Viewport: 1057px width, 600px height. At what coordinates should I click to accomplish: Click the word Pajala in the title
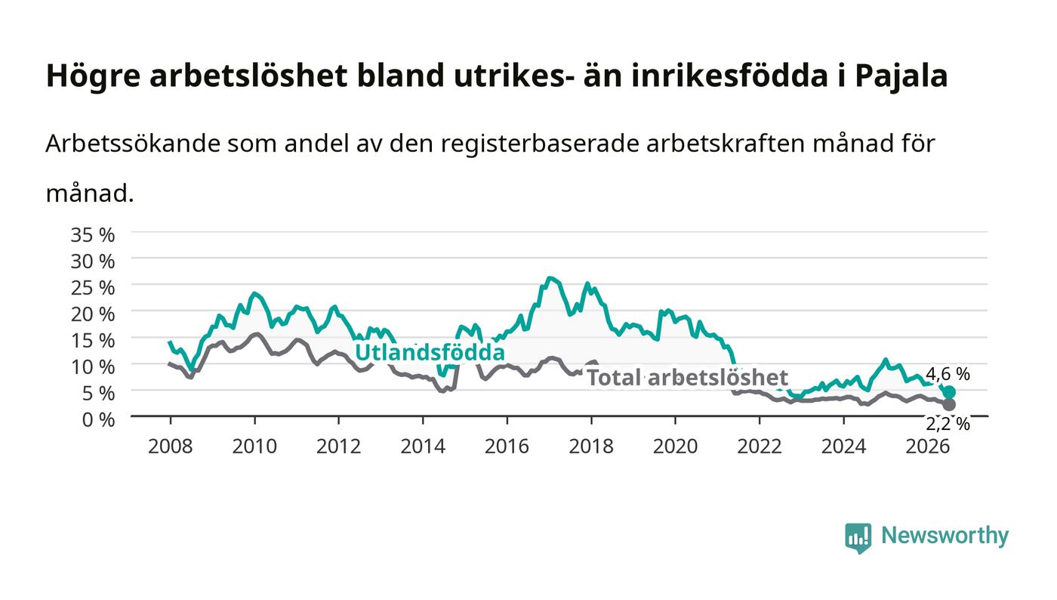pos(901,76)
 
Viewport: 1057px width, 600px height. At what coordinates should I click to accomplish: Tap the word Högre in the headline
pos(93,76)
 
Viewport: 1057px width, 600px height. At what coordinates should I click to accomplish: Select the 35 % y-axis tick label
pos(92,235)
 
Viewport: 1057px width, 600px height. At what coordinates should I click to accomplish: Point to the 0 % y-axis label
pos(98,419)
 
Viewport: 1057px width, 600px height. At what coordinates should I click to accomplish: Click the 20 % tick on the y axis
pos(92,314)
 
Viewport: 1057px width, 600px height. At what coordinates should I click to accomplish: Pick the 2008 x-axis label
pos(171,446)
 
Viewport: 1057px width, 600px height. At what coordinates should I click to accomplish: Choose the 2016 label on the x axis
pos(507,446)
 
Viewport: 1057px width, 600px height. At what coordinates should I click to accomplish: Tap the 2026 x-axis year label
pos(927,446)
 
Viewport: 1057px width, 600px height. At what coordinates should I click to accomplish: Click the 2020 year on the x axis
pos(675,446)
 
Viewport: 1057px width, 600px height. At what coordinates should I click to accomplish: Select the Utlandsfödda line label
pos(430,352)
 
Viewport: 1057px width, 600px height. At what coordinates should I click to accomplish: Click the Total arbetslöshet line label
pos(688,378)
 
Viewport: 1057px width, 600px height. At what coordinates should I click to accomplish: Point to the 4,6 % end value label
pos(948,374)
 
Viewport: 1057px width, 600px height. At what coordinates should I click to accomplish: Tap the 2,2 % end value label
pos(948,424)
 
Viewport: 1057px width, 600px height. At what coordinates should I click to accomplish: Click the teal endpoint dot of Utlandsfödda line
pos(950,392)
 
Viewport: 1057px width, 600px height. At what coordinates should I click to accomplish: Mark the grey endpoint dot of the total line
pos(950,404)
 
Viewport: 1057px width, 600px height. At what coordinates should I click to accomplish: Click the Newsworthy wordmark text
pos(945,536)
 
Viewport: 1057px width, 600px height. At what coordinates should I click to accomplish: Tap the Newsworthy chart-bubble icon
pos(858,538)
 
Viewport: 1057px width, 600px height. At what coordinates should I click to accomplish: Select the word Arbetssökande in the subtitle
pos(133,144)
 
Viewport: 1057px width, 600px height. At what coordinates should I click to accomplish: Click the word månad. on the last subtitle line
pos(90,193)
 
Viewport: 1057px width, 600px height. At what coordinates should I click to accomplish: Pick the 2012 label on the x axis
pos(338,446)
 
